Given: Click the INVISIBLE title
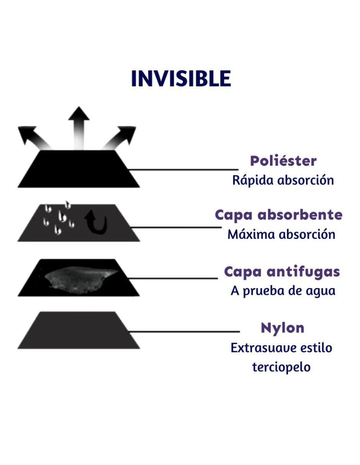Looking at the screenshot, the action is point(181,78).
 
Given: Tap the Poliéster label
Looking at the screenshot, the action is point(283,161).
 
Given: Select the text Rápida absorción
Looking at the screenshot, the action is point(283,180).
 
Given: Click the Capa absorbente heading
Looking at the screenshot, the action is point(278,215).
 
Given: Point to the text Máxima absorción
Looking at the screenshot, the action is point(281,234).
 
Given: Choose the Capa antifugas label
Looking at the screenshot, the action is point(282,272).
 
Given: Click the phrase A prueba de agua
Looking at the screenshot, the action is point(283,291).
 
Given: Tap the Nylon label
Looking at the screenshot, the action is point(283,328).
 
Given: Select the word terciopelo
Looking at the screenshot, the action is point(281,367).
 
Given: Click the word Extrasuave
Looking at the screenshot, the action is point(264,348).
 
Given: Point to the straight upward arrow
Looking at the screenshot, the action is point(79,128).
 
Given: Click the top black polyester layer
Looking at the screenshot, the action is point(79,169).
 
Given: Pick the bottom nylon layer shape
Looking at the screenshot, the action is point(79,330).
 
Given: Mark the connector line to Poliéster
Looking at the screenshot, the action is point(183,170).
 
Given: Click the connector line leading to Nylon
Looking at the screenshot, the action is point(184,332).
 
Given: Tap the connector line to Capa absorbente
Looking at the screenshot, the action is point(176,227).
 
